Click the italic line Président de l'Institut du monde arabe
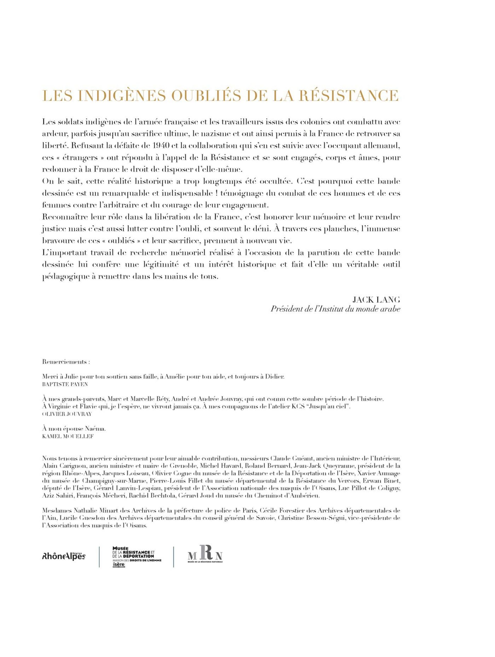coord(335,309)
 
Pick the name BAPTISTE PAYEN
coord(62,384)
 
